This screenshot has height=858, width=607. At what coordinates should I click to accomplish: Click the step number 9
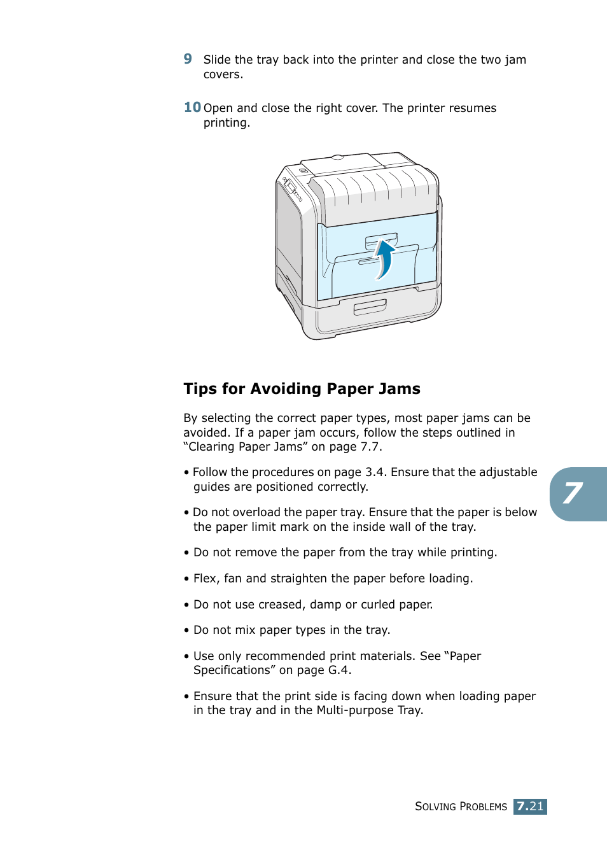pos(188,59)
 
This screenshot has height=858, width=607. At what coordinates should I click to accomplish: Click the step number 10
pos(192,108)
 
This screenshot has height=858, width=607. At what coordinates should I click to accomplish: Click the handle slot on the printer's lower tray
pos(370,307)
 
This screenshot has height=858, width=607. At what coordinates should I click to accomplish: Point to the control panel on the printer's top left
pos(293,189)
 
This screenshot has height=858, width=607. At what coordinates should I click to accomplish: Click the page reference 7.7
pos(370,447)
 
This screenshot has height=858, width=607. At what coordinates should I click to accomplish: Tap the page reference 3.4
pos(375,472)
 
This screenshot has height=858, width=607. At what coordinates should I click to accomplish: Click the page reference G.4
pos(338,670)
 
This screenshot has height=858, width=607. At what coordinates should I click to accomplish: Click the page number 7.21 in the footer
pos(530,806)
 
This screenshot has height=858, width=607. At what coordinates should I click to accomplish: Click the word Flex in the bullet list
pos(205,579)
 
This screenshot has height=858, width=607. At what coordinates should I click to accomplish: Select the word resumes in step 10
pos(472,108)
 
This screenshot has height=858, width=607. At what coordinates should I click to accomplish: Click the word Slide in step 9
pos(217,60)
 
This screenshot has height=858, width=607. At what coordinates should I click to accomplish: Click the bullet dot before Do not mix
pos(186,631)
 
